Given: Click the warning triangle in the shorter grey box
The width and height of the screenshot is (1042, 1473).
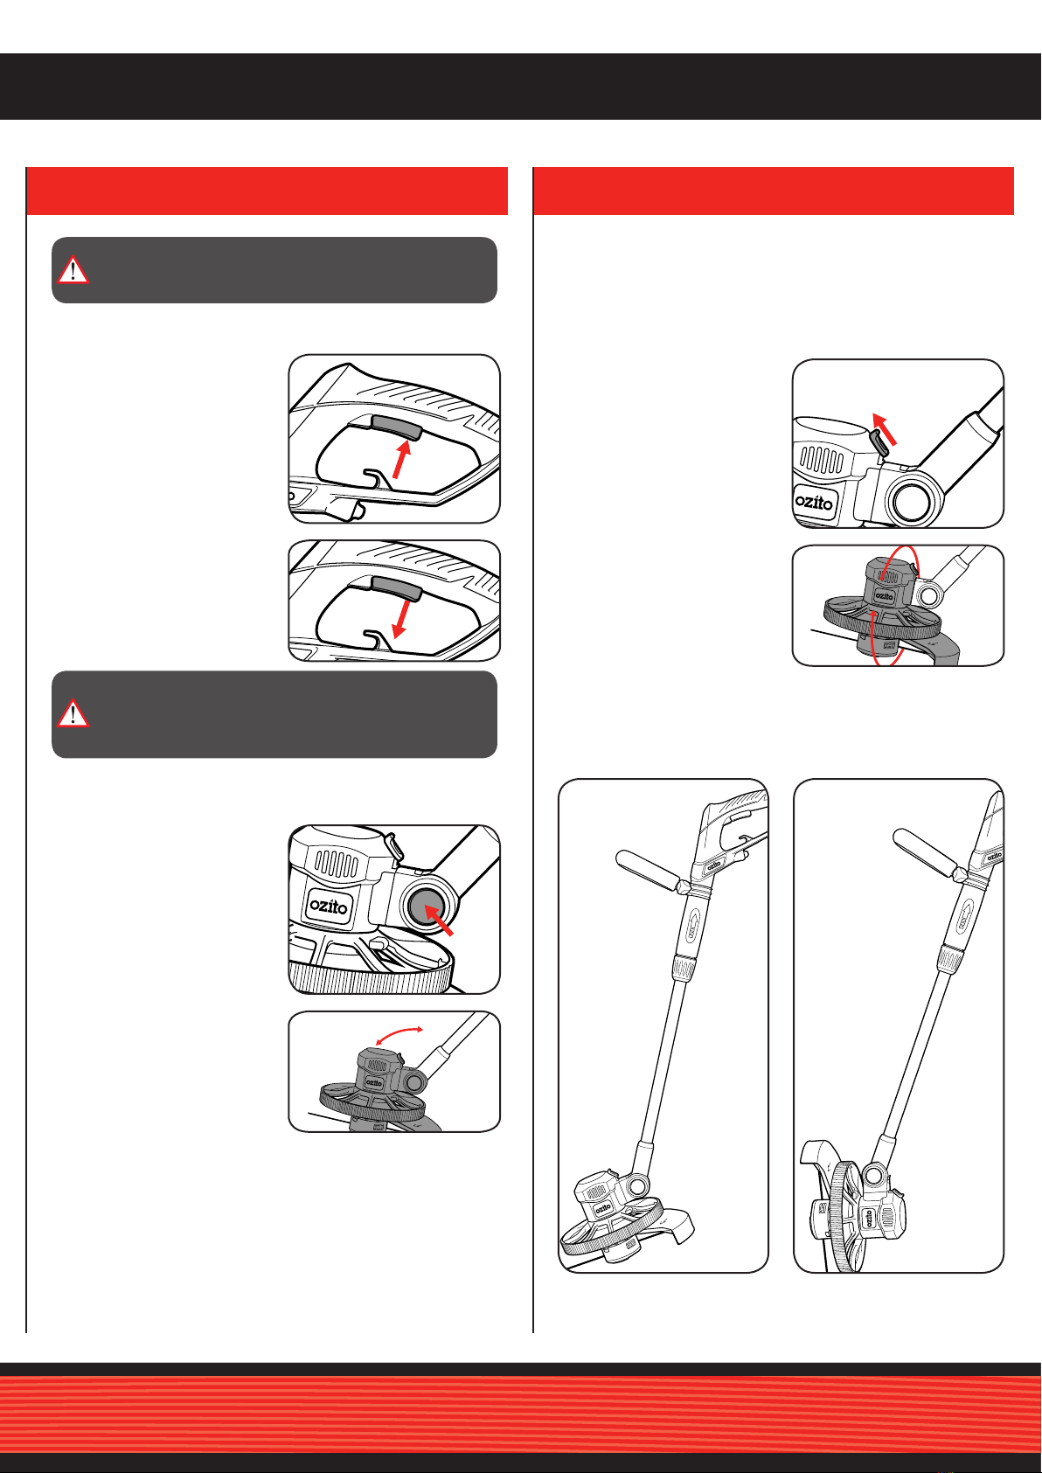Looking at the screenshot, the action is (73, 269).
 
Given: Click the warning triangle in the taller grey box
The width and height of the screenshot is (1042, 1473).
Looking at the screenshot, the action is (73, 712).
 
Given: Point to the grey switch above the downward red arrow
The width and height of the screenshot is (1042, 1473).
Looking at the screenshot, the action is (396, 587).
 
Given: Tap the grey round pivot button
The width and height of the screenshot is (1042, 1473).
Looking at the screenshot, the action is (426, 907).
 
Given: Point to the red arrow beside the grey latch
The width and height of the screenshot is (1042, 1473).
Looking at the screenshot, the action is (884, 428).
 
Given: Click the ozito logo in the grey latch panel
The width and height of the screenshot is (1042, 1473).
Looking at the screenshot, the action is (814, 503).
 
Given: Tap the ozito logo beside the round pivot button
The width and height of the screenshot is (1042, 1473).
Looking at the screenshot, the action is (329, 907).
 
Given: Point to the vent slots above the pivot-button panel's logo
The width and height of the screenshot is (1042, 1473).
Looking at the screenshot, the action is (337, 864).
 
